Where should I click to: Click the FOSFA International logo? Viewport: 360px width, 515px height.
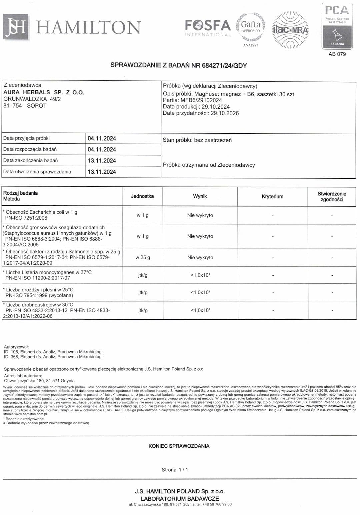click(208, 28)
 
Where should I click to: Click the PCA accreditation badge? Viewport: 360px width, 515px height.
click(337, 26)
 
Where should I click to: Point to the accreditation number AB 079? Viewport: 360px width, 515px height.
click(337, 54)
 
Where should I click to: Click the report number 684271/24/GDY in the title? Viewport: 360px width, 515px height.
click(224, 65)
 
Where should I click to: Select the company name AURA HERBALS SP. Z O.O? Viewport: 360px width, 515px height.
click(44, 92)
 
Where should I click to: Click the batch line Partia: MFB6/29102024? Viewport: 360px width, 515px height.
click(192, 100)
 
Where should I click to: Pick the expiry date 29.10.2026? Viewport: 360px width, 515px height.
click(225, 113)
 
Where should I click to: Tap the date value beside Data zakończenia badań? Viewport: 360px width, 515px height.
click(102, 161)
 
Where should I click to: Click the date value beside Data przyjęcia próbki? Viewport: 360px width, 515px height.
click(102, 139)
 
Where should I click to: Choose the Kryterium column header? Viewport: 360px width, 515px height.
click(272, 197)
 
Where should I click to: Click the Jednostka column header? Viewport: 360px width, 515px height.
click(142, 196)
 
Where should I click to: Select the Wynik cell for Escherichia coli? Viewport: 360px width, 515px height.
click(200, 215)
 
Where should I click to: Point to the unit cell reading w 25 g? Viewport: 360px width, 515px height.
click(143, 258)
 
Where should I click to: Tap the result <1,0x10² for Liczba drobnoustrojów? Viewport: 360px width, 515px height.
click(200, 310)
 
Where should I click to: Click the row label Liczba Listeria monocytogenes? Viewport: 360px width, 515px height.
click(49, 272)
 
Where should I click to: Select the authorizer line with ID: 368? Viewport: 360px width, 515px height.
click(54, 357)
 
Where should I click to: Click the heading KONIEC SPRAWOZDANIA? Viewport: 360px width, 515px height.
click(179, 446)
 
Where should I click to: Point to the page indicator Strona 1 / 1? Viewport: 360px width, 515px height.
click(175, 470)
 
